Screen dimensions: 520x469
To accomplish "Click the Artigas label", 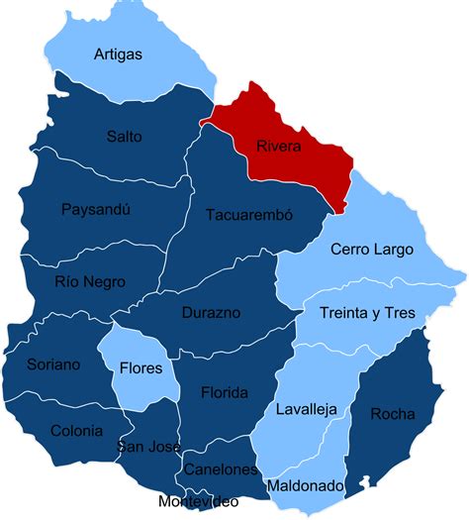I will (x=118, y=53).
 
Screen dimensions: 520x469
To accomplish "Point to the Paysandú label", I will (x=95, y=209).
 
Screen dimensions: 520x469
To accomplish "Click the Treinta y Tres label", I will (x=367, y=313).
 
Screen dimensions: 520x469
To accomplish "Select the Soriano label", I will (x=53, y=364).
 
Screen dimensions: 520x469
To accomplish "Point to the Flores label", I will (x=141, y=367).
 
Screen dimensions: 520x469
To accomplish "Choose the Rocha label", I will (x=392, y=414).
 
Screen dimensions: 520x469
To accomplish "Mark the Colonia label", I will (x=76, y=431).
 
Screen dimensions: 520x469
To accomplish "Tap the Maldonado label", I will (x=306, y=486).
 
